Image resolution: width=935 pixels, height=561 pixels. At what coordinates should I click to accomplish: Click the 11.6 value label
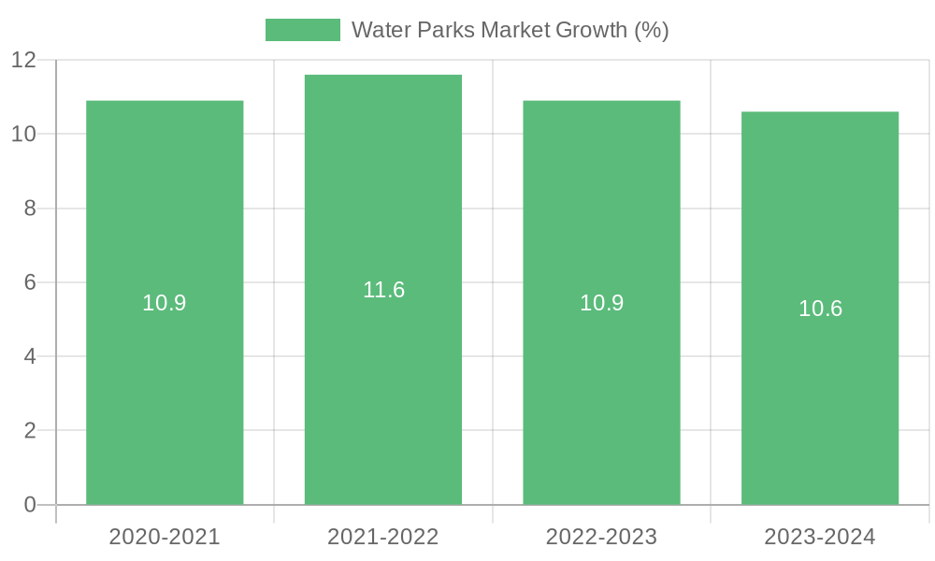(x=383, y=290)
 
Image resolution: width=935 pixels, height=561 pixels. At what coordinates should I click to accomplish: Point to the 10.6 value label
(x=820, y=309)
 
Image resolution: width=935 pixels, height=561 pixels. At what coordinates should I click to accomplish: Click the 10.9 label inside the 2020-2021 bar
(x=165, y=303)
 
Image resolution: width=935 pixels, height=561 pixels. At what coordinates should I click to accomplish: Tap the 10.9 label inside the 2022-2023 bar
(x=601, y=303)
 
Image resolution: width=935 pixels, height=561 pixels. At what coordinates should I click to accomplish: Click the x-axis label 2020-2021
(x=165, y=537)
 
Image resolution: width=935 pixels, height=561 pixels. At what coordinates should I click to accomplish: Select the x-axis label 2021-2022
(x=383, y=537)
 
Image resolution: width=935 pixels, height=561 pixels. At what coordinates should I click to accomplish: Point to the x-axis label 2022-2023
(x=601, y=537)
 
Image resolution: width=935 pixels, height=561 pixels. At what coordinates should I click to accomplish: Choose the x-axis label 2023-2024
(x=820, y=537)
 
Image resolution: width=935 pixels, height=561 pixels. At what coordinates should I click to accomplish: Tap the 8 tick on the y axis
(x=30, y=209)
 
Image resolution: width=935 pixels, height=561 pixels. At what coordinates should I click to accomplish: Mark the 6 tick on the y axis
(x=30, y=282)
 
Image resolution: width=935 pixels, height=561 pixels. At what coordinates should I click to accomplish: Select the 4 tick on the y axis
(x=30, y=356)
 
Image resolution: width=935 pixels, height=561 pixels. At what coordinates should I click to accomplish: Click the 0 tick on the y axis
(x=30, y=505)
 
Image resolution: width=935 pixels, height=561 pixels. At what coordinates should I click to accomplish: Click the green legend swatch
(x=303, y=30)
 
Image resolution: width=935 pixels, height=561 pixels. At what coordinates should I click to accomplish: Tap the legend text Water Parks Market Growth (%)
(x=510, y=30)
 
